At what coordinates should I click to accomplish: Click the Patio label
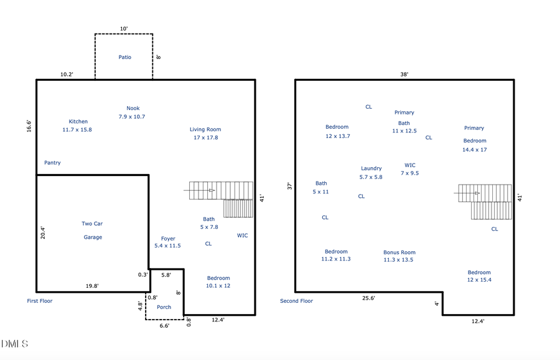point(125,57)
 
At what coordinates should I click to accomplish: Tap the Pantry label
point(52,163)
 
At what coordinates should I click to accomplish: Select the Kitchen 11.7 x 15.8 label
point(78,126)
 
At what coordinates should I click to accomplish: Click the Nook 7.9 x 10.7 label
point(132,113)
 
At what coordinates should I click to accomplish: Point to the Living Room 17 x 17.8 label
point(205,134)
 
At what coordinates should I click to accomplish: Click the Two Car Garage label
point(93,231)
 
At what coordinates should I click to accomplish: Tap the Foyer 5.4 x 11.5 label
point(167,242)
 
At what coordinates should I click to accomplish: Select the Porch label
point(164,307)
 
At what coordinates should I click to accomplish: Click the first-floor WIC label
point(243,236)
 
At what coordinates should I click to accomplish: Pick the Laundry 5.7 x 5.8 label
point(371,173)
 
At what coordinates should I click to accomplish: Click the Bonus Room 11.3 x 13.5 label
point(399,256)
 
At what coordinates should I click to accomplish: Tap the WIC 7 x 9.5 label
point(410,169)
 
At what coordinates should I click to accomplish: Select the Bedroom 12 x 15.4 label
point(479,276)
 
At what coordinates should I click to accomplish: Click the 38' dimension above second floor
point(404,74)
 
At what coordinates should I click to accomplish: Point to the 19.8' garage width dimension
point(91,287)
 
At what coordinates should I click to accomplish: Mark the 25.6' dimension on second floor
point(368,298)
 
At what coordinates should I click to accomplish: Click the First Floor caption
point(40,301)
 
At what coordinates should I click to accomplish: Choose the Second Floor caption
point(297,301)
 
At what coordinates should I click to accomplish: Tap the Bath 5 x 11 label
point(321,188)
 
